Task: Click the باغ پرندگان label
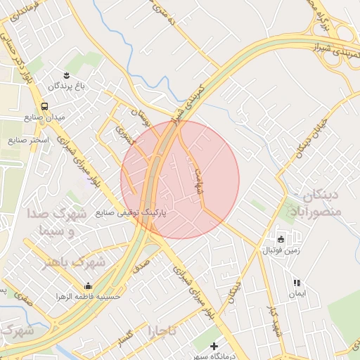click(x=66, y=86)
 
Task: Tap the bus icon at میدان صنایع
click(x=45, y=105)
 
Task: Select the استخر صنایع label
click(x=27, y=141)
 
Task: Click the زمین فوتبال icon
click(x=281, y=239)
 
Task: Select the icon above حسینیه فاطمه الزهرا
click(x=88, y=286)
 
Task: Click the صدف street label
click(x=141, y=263)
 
